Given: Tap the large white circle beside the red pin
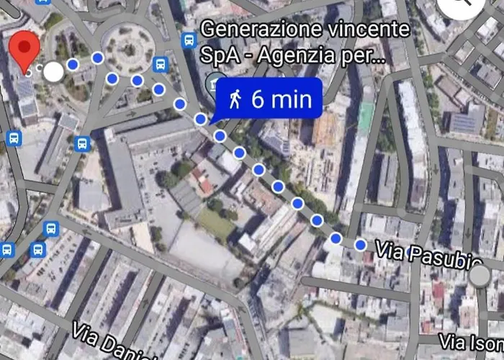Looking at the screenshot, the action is point(53,71).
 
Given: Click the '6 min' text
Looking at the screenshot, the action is point(282,99).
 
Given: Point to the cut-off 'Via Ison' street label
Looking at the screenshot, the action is point(472,341).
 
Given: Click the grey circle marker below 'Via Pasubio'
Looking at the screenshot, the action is point(479,276).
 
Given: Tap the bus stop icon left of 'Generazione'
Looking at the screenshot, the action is point(189,40).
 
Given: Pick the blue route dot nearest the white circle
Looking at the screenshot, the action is point(72,65).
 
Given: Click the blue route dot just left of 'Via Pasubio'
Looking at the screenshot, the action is point(360,246).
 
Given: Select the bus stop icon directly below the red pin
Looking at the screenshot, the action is point(14,138).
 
